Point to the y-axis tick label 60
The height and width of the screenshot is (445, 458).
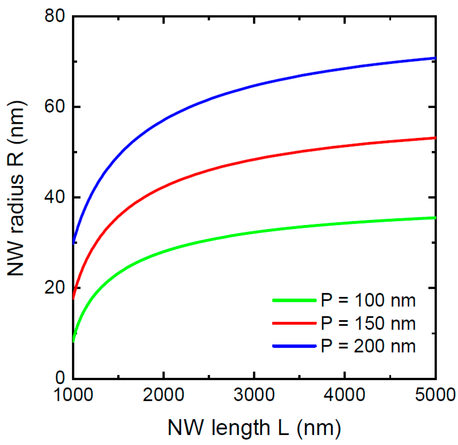[55, 107]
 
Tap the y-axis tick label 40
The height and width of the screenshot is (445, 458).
[55, 197]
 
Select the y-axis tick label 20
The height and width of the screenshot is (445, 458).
[55, 288]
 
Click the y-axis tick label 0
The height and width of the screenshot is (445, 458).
[60, 378]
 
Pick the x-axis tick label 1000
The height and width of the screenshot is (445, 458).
[73, 395]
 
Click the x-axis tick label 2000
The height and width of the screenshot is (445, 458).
[164, 395]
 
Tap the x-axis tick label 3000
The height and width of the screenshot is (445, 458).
[254, 395]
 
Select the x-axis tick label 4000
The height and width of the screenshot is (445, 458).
[344, 395]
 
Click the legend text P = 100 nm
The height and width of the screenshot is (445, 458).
[368, 300]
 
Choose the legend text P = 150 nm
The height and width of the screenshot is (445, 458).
[368, 324]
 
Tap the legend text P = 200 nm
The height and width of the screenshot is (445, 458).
[368, 346]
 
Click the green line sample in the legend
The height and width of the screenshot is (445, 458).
[294, 300]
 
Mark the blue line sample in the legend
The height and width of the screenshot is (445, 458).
[294, 346]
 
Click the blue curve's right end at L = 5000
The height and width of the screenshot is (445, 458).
[434, 58]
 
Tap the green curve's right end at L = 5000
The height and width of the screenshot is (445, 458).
[434, 218]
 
